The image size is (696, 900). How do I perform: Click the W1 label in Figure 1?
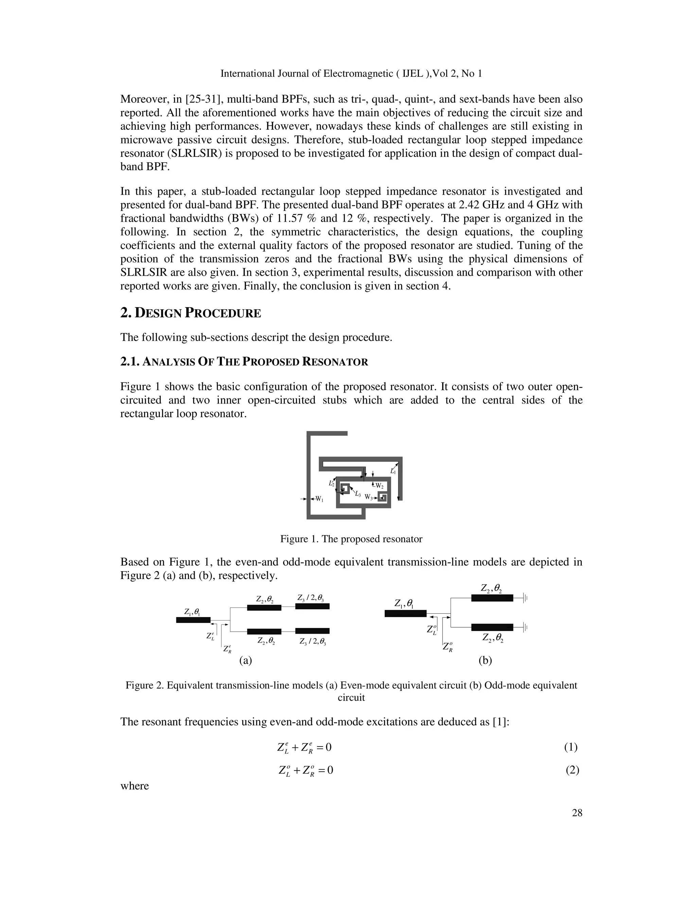[319, 500]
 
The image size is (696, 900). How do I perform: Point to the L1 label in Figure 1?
[393, 471]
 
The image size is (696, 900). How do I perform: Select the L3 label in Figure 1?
[358, 494]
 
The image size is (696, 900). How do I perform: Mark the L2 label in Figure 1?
[331, 483]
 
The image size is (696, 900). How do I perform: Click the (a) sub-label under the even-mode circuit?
[245, 661]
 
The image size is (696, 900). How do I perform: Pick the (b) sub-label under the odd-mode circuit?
[485, 661]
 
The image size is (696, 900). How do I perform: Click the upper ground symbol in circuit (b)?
[525, 598]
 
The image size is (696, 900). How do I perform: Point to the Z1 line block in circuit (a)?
[193, 620]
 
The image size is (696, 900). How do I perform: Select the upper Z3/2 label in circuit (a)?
[312, 597]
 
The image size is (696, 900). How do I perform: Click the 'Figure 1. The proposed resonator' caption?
[351, 539]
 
